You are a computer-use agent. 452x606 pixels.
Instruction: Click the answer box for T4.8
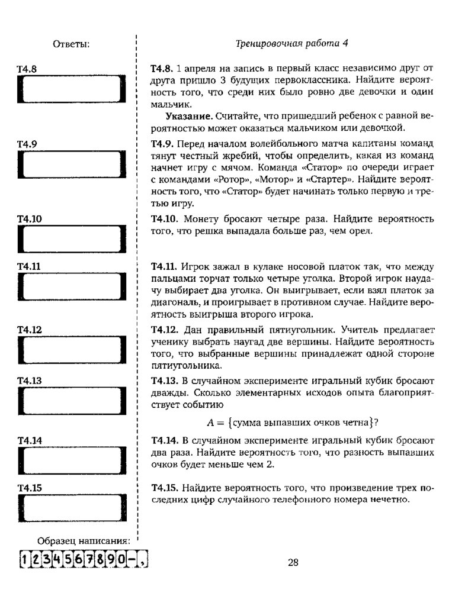(x=72, y=92)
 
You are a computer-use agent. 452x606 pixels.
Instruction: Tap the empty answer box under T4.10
(x=72, y=242)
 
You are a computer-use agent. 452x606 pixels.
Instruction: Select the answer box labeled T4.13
(x=72, y=404)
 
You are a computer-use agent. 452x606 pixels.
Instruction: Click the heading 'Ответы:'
(x=71, y=44)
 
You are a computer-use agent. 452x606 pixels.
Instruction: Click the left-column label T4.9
(x=27, y=144)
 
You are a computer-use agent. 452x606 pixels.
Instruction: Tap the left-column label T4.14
(x=29, y=440)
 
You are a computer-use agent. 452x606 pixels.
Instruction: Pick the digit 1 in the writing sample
(x=23, y=559)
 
